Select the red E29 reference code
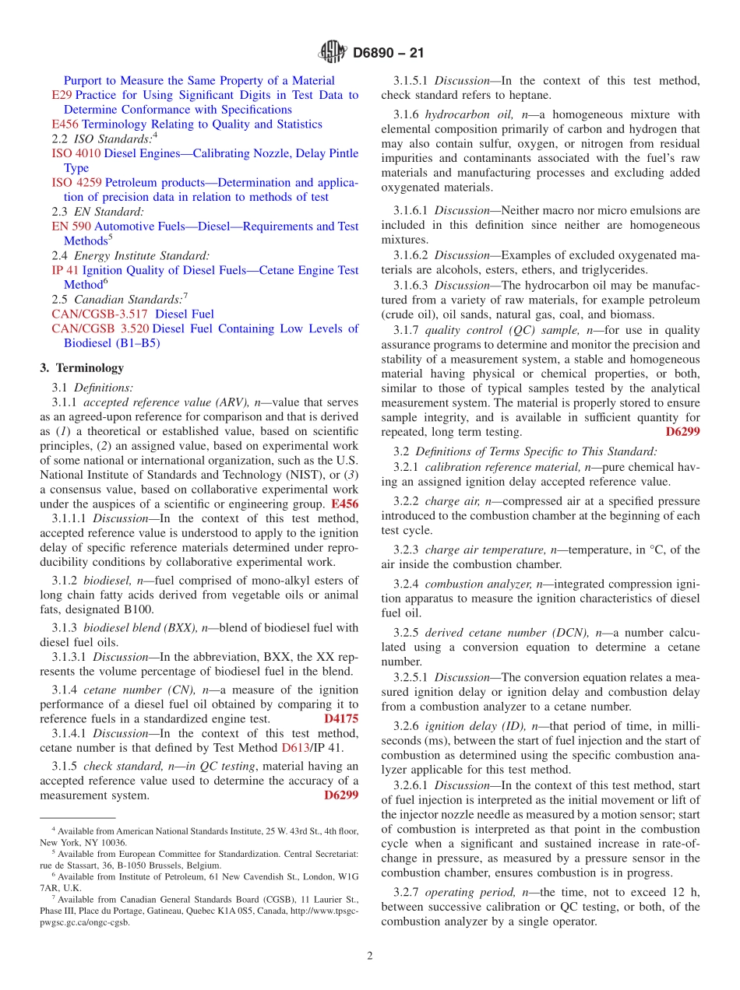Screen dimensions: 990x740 click(61, 95)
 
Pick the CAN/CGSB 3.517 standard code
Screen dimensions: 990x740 click(100, 314)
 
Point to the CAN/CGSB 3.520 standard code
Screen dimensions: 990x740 click(100, 328)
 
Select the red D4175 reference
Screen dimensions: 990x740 click(340, 719)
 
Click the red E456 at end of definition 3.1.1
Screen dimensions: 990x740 click(344, 504)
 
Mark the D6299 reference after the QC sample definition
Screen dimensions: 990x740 click(682, 432)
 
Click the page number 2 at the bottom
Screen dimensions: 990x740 click(370, 956)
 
